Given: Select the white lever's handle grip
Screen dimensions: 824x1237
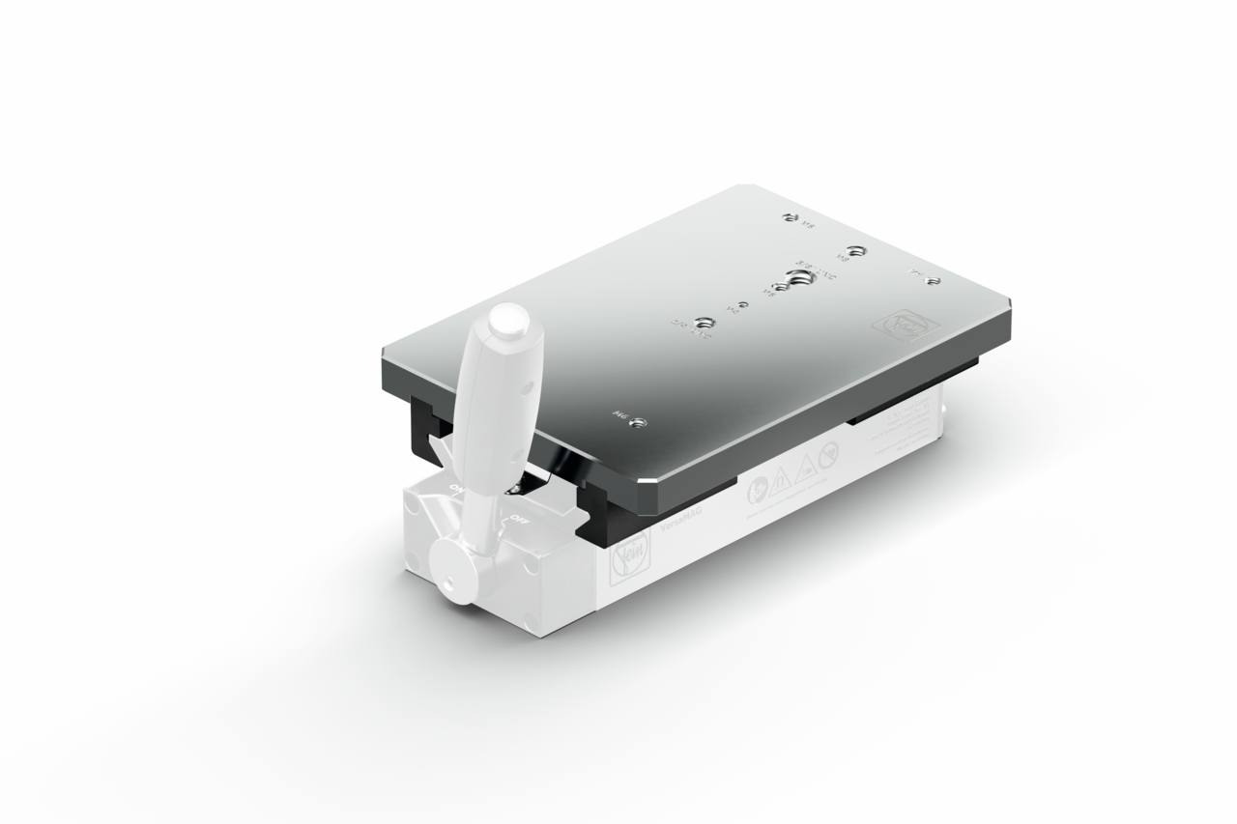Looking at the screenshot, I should [493, 406].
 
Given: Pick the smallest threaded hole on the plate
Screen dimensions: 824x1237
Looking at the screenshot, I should [741, 305].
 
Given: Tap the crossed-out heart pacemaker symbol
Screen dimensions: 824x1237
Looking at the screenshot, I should [827, 452].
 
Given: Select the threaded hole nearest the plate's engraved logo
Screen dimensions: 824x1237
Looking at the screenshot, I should [932, 279].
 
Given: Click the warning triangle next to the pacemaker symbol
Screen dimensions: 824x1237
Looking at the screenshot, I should [804, 465].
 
